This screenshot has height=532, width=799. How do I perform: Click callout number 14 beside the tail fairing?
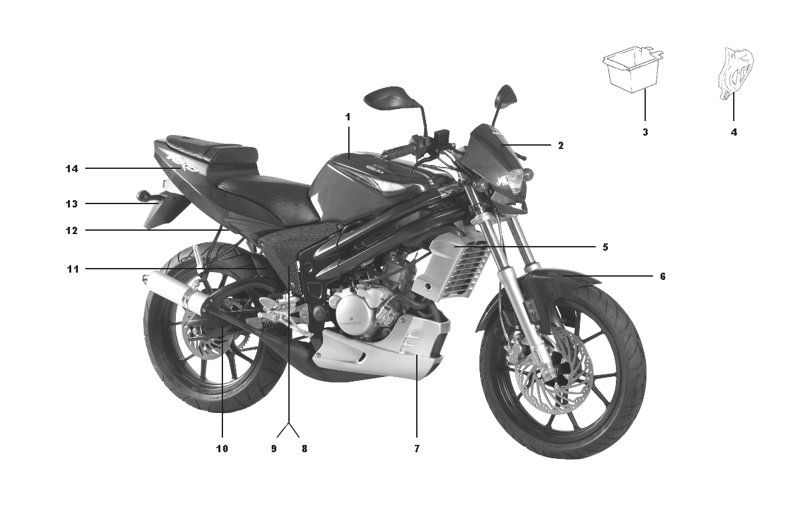(x=72, y=168)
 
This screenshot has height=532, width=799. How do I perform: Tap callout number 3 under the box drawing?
(x=645, y=132)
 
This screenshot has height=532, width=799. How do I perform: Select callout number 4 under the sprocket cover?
(x=734, y=132)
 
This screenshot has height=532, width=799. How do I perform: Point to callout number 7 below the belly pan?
(x=417, y=449)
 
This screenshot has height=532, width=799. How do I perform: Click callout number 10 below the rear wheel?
(x=222, y=449)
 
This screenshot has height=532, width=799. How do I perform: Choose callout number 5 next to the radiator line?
(x=605, y=247)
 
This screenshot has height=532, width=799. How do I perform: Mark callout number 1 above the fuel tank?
(x=348, y=117)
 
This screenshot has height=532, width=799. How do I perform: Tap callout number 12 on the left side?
(x=72, y=231)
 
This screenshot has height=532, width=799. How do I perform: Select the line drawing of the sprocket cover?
(x=736, y=73)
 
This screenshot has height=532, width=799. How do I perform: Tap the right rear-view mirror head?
(x=506, y=96)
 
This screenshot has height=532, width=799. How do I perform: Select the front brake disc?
(x=552, y=370)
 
